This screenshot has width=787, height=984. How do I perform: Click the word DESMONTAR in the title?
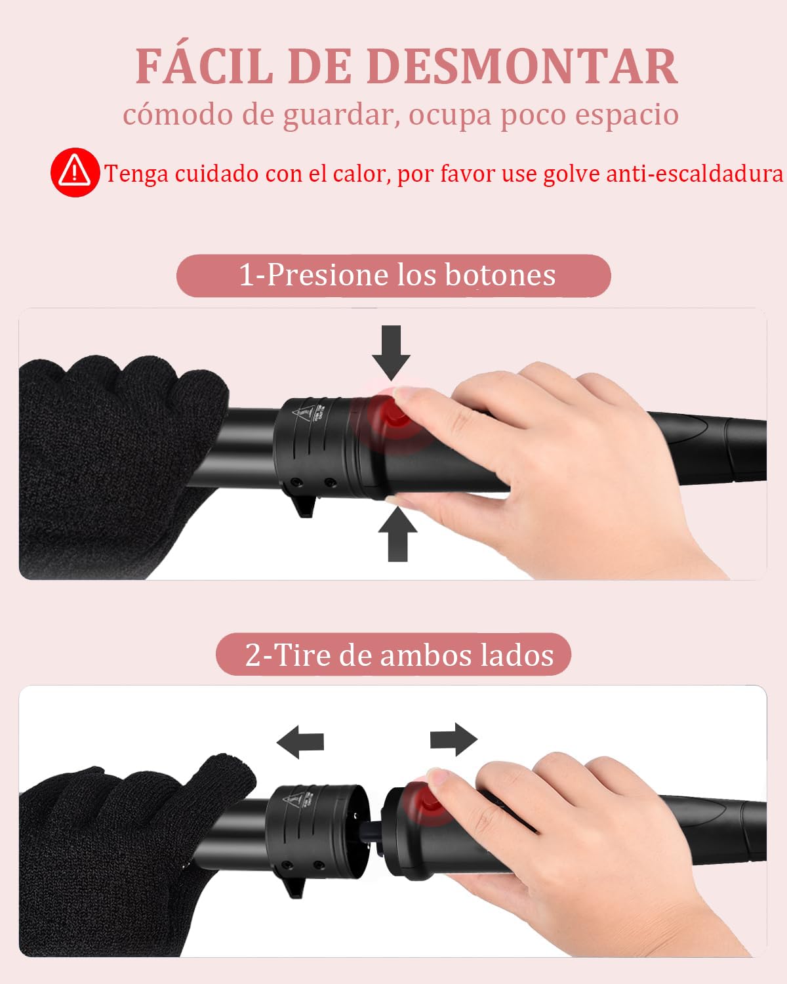point(521,66)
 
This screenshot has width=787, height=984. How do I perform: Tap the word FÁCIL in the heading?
point(203,66)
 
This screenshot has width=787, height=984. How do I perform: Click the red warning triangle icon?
point(75,172)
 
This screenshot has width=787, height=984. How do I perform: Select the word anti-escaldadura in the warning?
point(695,174)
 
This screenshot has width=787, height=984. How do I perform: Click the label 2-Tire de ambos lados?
point(399,655)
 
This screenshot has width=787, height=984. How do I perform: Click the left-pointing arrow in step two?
point(301,742)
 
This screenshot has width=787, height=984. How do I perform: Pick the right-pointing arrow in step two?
point(453,739)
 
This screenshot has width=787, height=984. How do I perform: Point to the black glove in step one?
point(105,459)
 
